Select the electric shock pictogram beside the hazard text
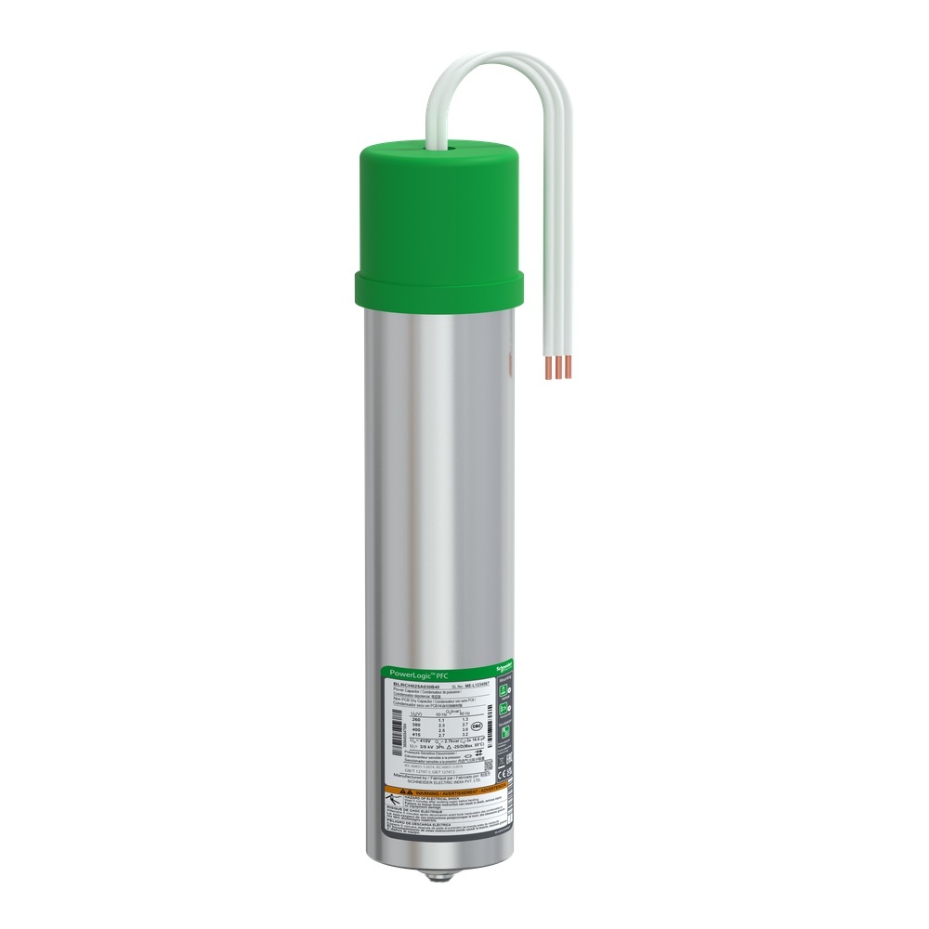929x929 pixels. [x=391, y=802]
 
